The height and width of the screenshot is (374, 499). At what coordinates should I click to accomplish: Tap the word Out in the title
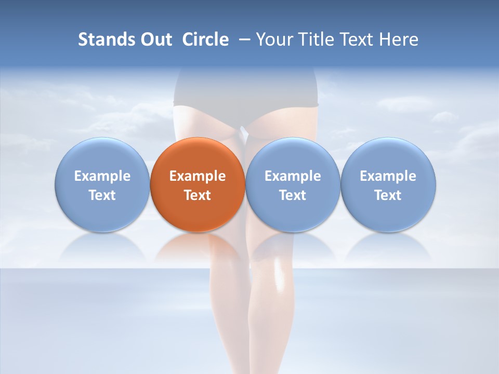tap(155, 39)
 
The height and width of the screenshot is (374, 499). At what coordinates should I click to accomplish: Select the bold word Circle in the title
tap(205, 39)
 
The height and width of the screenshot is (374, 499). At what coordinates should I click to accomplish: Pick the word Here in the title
tap(399, 39)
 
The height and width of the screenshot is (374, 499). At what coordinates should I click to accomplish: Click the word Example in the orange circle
tap(198, 176)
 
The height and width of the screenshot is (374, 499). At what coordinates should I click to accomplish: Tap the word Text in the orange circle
tap(198, 195)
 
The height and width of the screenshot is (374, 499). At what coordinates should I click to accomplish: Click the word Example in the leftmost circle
tap(102, 176)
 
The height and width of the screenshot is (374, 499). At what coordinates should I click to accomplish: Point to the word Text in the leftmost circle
tap(102, 195)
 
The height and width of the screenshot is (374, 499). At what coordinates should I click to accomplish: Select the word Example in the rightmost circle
tap(388, 176)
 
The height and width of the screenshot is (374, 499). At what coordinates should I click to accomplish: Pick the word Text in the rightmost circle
tap(388, 195)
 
